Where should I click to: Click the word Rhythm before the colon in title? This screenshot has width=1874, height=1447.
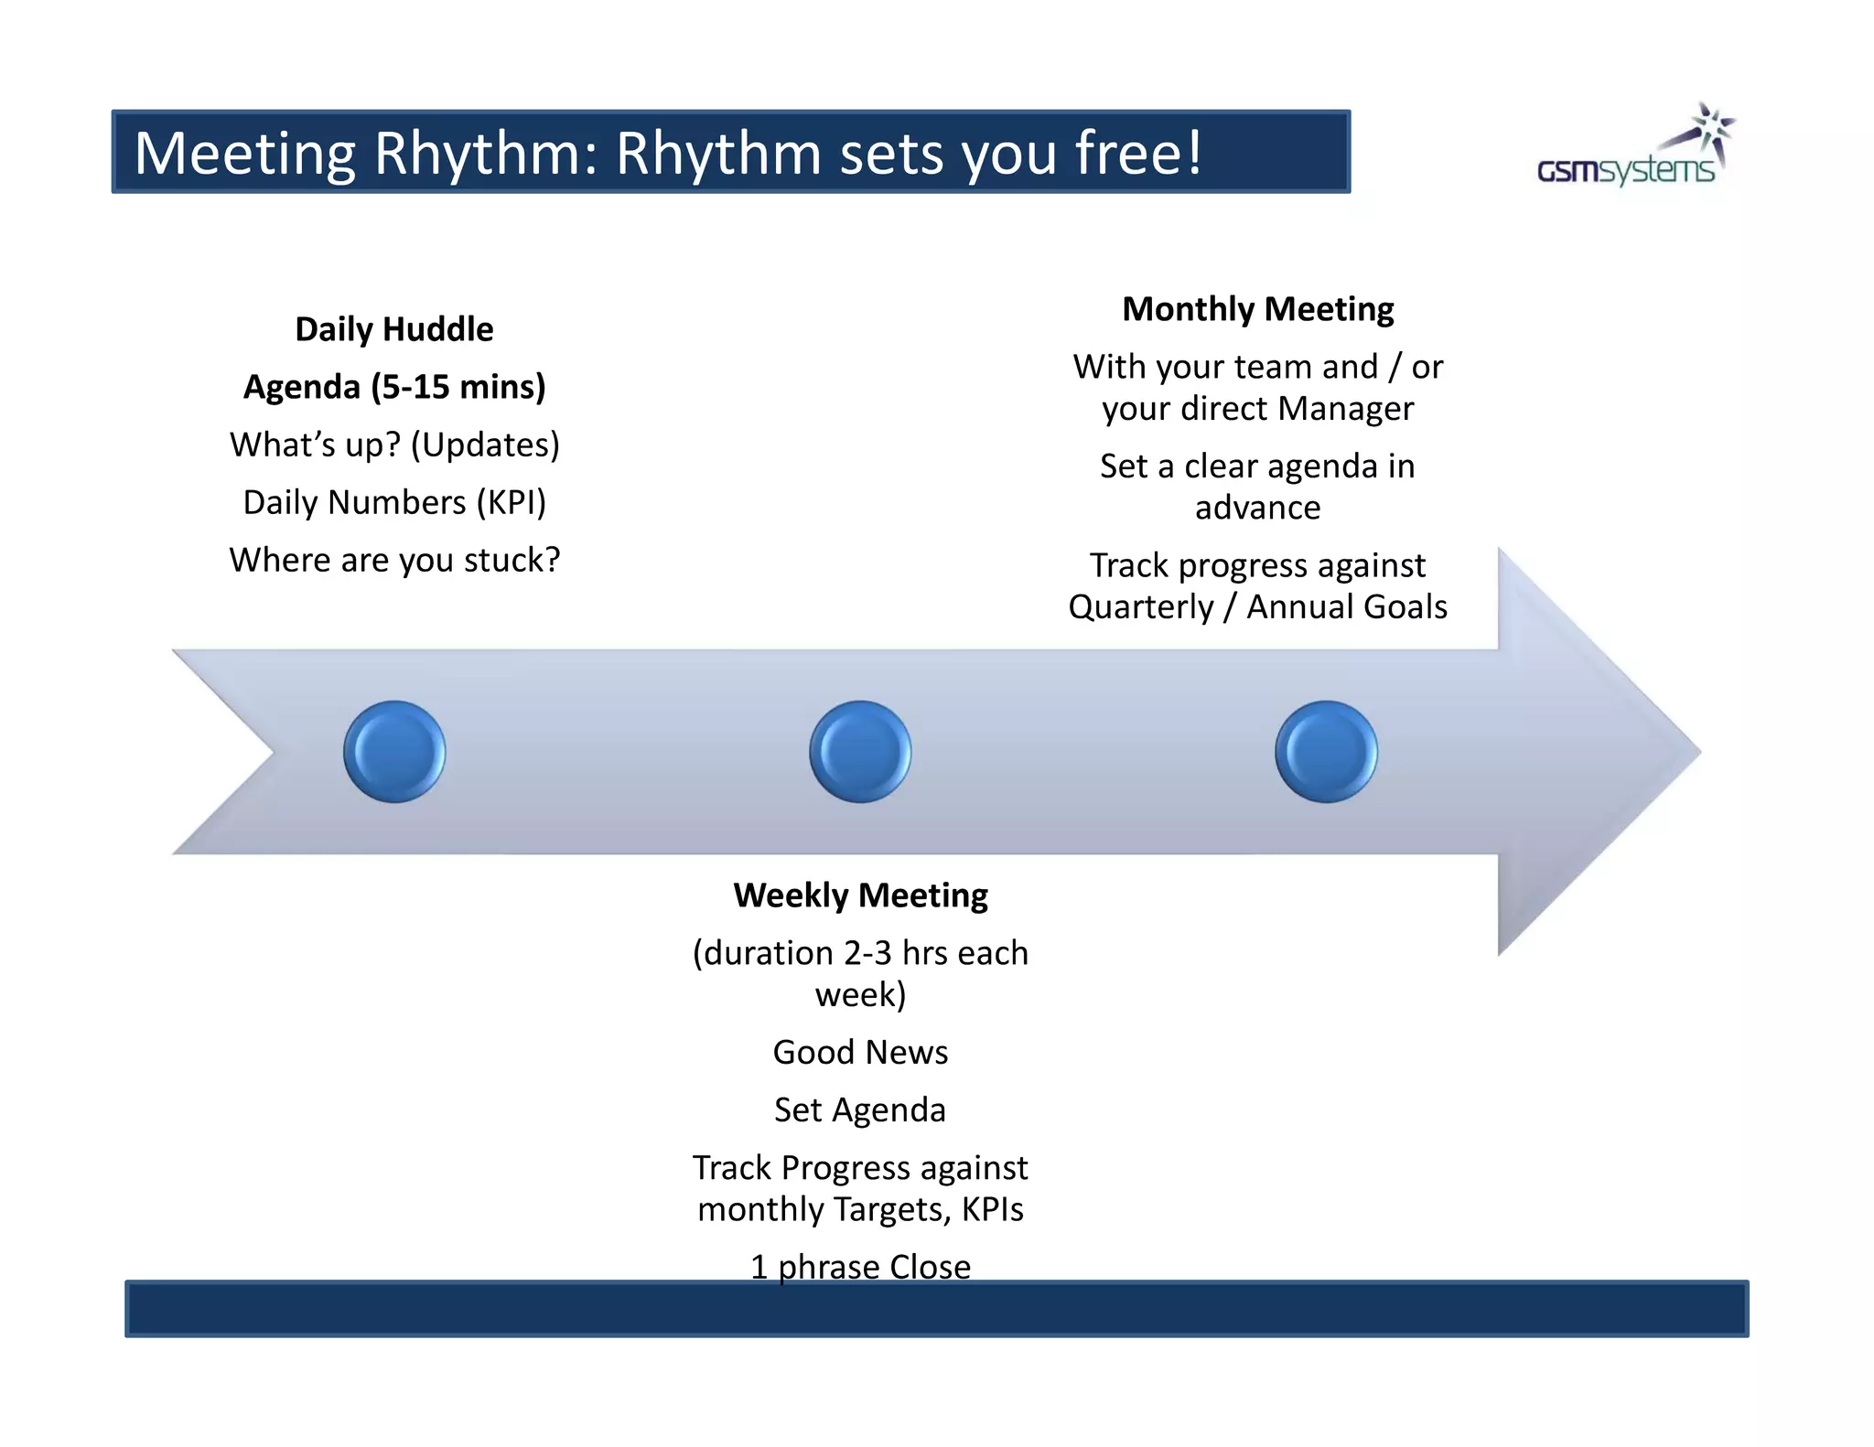click(x=484, y=153)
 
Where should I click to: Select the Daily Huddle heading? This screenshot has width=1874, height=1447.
click(x=394, y=329)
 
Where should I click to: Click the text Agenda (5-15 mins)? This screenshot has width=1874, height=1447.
click(x=394, y=387)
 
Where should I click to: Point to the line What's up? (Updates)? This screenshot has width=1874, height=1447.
click(x=394, y=445)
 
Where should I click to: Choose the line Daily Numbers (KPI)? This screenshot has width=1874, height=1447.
click(x=394, y=502)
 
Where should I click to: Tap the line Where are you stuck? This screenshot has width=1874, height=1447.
click(x=394, y=560)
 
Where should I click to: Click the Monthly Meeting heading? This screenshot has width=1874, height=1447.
click(x=1257, y=309)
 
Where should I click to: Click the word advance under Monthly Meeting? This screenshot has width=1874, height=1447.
click(x=1257, y=508)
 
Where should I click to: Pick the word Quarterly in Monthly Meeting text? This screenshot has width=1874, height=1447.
click(x=1141, y=607)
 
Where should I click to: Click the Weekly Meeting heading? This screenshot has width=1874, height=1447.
click(x=860, y=895)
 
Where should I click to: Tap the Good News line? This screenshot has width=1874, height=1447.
click(x=860, y=1052)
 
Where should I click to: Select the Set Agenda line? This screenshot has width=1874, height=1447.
click(x=860, y=1109)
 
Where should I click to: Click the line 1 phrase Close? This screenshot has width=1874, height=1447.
click(x=860, y=1266)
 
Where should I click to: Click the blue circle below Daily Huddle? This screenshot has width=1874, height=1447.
click(x=394, y=752)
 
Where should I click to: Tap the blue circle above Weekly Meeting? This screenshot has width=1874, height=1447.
click(x=860, y=752)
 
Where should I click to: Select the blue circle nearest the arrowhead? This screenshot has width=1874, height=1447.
click(x=1326, y=752)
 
